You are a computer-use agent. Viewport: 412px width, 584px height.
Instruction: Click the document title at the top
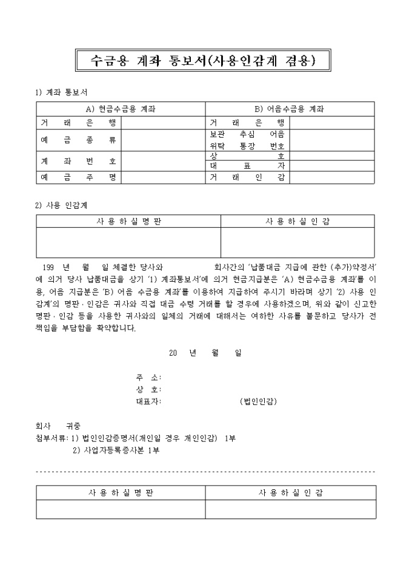click(205, 59)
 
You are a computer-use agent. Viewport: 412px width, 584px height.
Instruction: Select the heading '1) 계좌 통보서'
click(62, 92)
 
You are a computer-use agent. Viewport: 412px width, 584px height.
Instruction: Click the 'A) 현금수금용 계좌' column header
click(121, 109)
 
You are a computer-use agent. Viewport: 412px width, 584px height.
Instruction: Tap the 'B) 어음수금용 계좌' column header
click(290, 109)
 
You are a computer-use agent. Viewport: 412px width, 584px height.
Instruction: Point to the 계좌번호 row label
click(79, 161)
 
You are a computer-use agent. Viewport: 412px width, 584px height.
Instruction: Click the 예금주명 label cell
click(79, 177)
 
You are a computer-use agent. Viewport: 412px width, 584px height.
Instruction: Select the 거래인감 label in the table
click(247, 177)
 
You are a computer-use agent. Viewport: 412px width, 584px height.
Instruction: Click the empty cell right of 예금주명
click(163, 177)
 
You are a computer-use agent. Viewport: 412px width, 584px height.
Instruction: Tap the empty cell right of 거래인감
click(331, 177)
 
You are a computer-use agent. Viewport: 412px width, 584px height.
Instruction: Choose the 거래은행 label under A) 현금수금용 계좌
click(79, 122)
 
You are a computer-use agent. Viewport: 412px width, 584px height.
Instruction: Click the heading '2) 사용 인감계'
click(62, 205)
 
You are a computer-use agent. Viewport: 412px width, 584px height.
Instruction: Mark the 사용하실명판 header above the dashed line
click(128, 222)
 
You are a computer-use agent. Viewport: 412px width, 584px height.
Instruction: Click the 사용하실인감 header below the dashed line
click(290, 492)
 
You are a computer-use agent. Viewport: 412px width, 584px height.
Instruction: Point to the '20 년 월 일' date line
click(205, 353)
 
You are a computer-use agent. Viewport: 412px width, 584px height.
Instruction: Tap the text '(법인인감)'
click(258, 401)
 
